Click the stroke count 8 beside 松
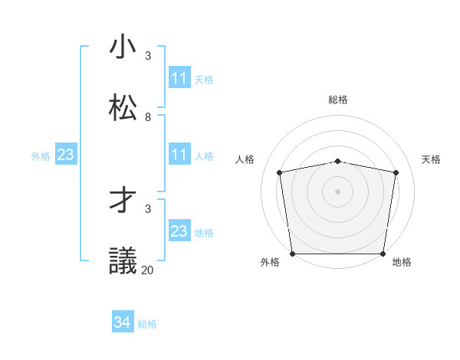pyautogui.click(x=148, y=117)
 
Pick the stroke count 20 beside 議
pyautogui.click(x=147, y=270)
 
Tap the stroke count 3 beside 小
pyautogui.click(x=148, y=56)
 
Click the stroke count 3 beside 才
pyautogui.click(x=148, y=208)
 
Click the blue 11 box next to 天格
pyautogui.click(x=179, y=78)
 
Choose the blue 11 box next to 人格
pyautogui.click(x=179, y=155)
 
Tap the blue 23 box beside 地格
pyautogui.click(x=179, y=231)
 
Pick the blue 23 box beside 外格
pyautogui.click(x=66, y=155)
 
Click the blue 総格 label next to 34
pyautogui.click(x=147, y=324)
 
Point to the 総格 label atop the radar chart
pyautogui.click(x=337, y=100)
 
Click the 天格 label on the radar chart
pyautogui.click(x=431, y=159)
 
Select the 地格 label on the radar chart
pyautogui.click(x=402, y=262)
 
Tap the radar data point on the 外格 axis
pyautogui.click(x=292, y=254)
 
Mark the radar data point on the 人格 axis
pyautogui.click(x=280, y=172)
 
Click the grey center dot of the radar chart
pyautogui.click(x=337, y=191)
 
